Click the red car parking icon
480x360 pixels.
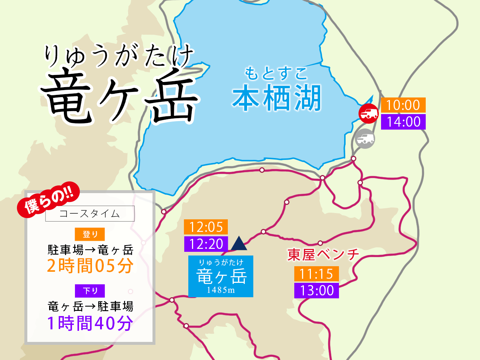pyautogui.click(x=368, y=113)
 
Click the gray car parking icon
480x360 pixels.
pyautogui.click(x=365, y=139)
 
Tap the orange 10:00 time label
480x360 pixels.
pyautogui.click(x=403, y=105)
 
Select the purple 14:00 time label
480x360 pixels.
pyautogui.click(x=403, y=122)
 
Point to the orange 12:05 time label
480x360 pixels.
pyautogui.click(x=206, y=227)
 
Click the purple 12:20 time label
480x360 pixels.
pyautogui.click(x=206, y=244)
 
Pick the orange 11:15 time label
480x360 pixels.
pyautogui.click(x=316, y=274)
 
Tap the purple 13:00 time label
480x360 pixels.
pyautogui.click(x=316, y=291)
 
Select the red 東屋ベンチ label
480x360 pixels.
pyautogui.click(x=323, y=255)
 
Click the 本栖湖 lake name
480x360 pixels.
pyautogui.click(x=277, y=98)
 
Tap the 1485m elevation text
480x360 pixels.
pyautogui.click(x=221, y=290)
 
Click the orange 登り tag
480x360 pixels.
pyautogui.click(x=90, y=234)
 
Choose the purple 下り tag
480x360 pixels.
pyautogui.click(x=90, y=291)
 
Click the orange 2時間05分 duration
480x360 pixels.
pyautogui.click(x=90, y=266)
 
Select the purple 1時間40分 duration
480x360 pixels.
pyautogui.click(x=90, y=323)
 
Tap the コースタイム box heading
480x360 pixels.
pyautogui.click(x=90, y=213)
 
